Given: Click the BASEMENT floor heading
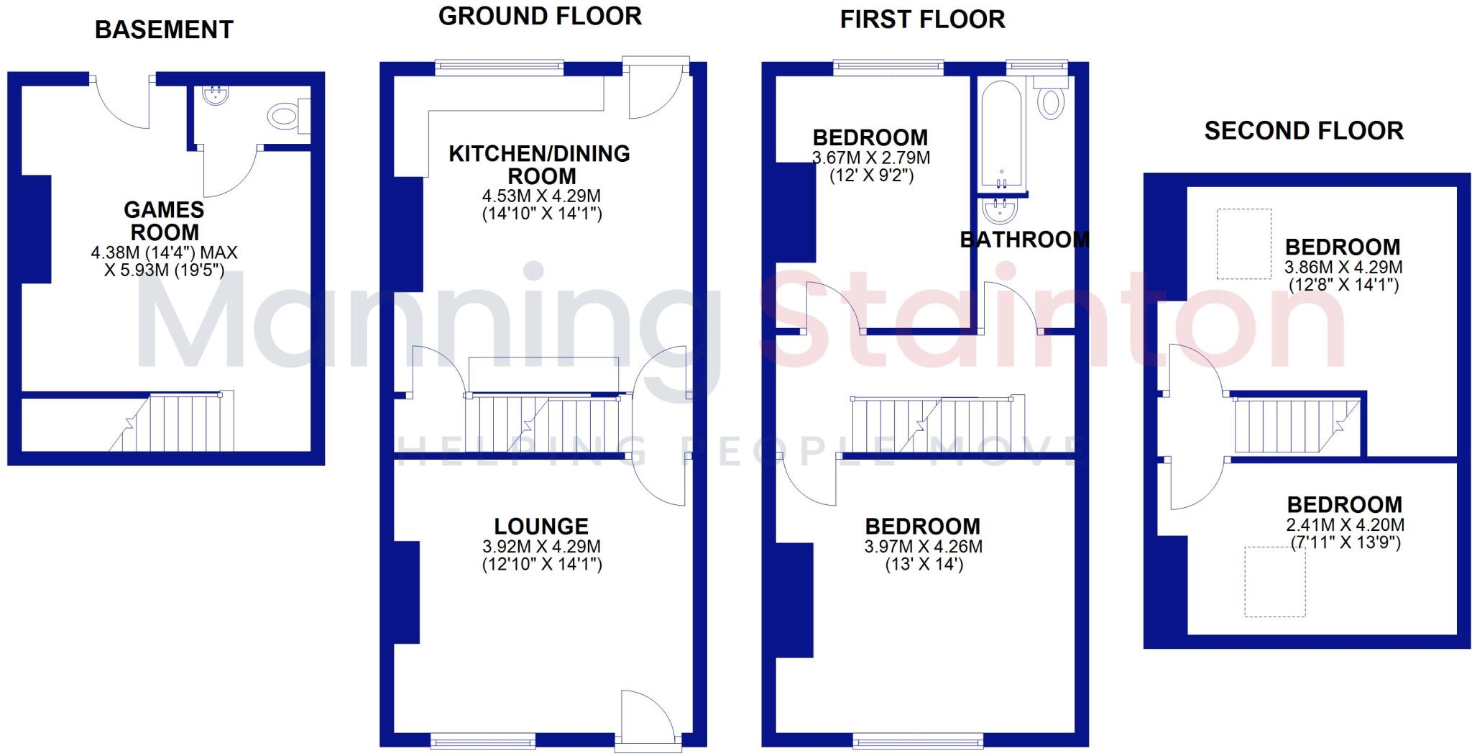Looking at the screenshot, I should (164, 29).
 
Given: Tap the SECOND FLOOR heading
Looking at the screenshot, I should (1303, 131).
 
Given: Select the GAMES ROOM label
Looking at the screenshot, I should (164, 221).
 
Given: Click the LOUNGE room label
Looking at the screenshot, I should (541, 526).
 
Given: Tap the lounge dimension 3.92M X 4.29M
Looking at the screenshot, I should (541, 546).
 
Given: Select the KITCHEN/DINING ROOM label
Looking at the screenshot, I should (539, 164).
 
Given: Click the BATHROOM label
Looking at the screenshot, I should (1024, 240).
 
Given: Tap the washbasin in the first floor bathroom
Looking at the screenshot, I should (999, 211).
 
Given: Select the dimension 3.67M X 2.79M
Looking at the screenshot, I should (870, 157).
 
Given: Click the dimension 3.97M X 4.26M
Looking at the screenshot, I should (923, 546).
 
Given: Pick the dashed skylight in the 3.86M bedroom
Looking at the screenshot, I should (1243, 244).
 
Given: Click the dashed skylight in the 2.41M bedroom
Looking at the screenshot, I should (1275, 581).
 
